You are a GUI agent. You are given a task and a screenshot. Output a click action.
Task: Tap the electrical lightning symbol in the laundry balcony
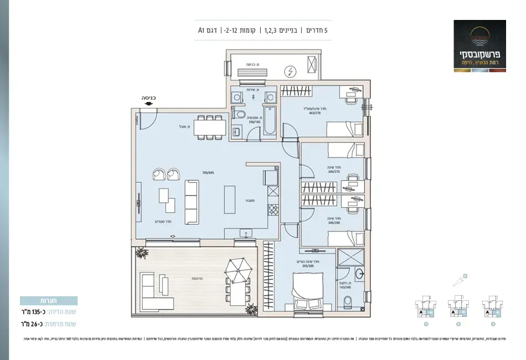click(x=290, y=71)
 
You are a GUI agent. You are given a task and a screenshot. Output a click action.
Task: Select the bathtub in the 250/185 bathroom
click(x=270, y=121)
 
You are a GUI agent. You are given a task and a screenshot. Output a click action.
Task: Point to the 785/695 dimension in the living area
click(x=208, y=173)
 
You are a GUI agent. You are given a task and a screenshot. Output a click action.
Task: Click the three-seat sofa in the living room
click(x=192, y=202)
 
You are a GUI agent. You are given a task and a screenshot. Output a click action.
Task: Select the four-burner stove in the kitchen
click(x=273, y=210)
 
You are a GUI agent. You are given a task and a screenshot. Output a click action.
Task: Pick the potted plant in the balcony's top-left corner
click(x=142, y=253)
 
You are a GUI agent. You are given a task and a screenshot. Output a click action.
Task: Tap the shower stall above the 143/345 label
click(x=351, y=259)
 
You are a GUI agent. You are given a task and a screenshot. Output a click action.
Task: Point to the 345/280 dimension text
click(x=333, y=224)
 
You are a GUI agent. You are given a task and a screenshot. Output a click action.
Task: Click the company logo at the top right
click(x=479, y=44)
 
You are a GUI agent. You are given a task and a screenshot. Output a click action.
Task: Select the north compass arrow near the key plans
click(x=459, y=280)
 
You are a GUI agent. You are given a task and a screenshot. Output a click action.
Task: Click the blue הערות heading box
click(x=48, y=301)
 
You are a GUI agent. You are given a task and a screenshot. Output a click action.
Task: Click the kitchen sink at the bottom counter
click(x=245, y=233)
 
